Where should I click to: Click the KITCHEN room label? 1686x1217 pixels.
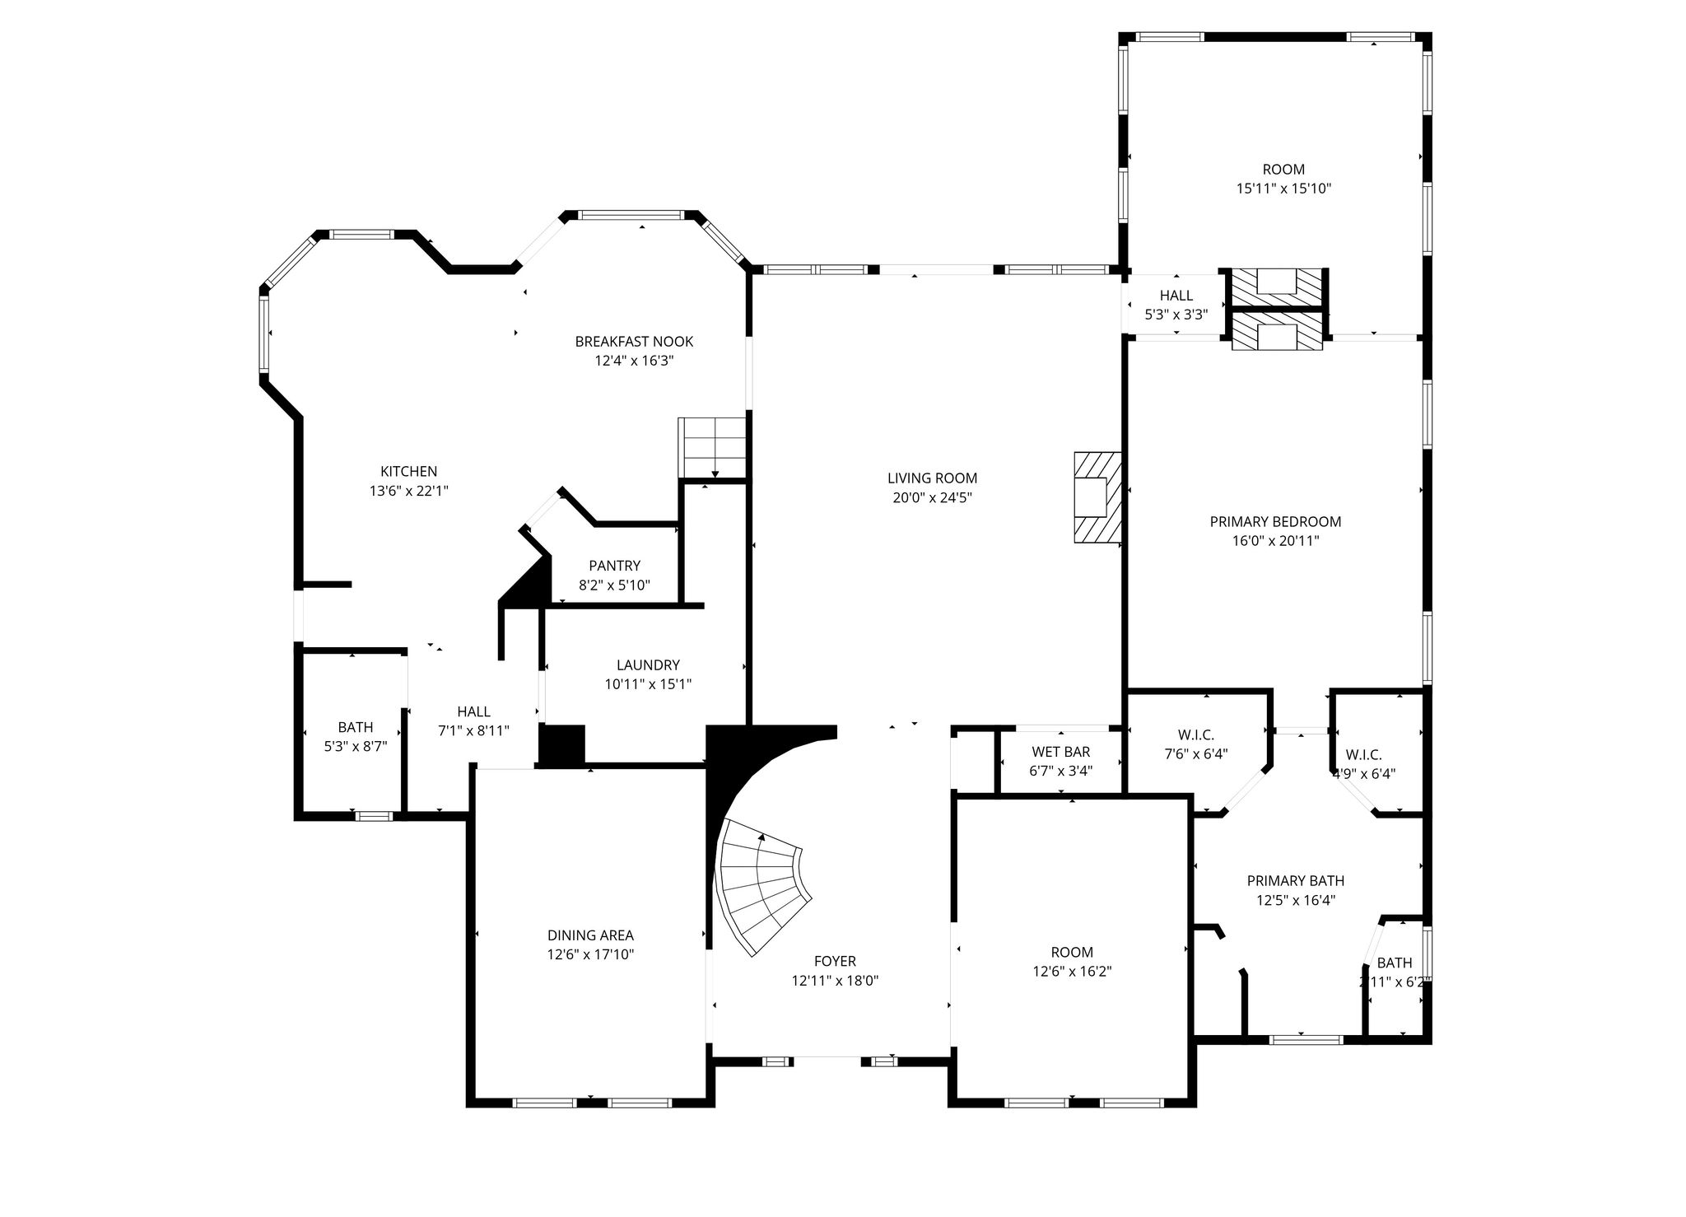(408, 472)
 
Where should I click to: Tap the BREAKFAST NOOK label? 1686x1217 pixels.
(634, 342)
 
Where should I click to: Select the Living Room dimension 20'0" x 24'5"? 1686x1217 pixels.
(932, 497)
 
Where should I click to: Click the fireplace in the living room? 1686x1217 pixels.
(1097, 497)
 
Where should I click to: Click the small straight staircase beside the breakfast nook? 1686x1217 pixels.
(711, 447)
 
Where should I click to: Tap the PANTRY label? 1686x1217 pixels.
(614, 566)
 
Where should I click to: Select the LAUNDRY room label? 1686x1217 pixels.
(648, 665)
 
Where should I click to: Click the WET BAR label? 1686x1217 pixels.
(1060, 752)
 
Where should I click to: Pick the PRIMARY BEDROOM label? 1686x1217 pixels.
(1275, 522)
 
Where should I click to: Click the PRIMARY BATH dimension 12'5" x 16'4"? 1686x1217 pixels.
(1295, 901)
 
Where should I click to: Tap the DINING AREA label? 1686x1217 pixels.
(590, 935)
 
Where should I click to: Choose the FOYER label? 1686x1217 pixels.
(835, 961)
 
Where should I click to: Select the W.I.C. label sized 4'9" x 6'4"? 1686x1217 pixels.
(1363, 755)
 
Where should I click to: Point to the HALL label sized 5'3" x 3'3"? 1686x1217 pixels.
(1176, 296)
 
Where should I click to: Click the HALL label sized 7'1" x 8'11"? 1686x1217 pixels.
(473, 711)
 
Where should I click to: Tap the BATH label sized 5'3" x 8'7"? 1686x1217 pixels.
(355, 727)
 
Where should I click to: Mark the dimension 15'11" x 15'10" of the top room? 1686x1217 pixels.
(1283, 189)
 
